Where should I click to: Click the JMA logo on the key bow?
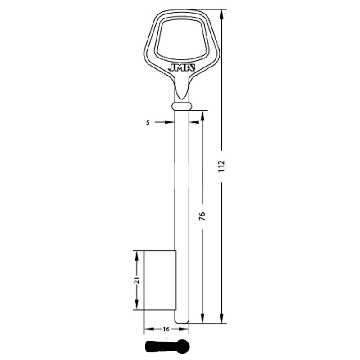[x=182, y=67]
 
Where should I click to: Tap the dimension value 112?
[x=221, y=166]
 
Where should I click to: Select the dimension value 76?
[x=202, y=216]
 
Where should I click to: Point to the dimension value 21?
[x=137, y=280]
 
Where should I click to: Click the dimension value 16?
[x=166, y=329]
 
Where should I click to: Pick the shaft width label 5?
[x=148, y=123]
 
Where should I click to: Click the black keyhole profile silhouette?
[x=167, y=346]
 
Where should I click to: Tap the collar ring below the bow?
[x=182, y=106]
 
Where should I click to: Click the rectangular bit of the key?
[x=160, y=280]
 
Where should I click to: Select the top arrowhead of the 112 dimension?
[x=222, y=15]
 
